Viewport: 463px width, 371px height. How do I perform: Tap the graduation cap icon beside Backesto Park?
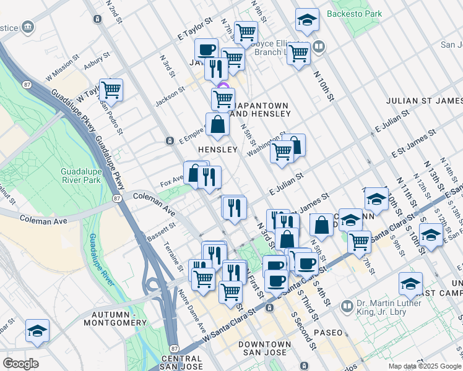tap(307, 22)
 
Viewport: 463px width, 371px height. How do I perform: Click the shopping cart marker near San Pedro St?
tap(111, 90)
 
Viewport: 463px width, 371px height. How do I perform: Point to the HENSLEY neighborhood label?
tap(217, 150)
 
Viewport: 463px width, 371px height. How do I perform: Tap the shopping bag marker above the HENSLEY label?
tap(218, 125)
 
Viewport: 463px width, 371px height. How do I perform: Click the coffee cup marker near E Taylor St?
tap(207, 50)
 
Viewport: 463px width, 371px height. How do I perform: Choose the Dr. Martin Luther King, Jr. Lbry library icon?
tap(347, 305)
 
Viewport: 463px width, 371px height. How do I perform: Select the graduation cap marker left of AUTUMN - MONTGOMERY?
tap(38, 331)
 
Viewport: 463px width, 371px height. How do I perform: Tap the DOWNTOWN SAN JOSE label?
tap(264, 349)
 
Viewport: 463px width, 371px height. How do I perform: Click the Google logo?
tap(20, 363)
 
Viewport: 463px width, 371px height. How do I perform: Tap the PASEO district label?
tap(327, 333)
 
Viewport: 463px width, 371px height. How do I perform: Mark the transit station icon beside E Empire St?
tap(170, 141)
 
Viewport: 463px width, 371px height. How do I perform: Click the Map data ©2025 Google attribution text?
tap(425, 365)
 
